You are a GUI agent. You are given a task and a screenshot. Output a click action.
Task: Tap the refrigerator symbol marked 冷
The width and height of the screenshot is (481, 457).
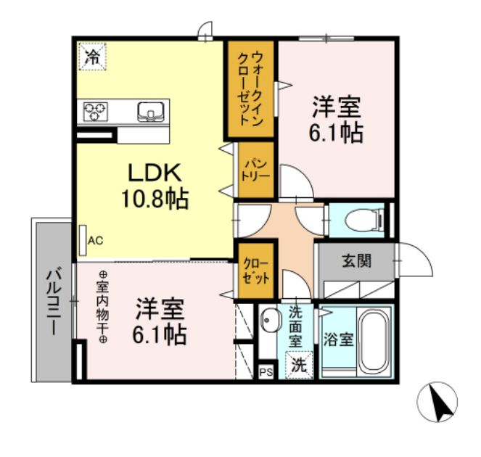92,57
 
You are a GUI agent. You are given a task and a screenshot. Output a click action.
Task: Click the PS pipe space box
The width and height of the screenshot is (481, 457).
266,371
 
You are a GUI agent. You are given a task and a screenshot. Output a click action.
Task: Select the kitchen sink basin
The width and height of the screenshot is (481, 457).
150,112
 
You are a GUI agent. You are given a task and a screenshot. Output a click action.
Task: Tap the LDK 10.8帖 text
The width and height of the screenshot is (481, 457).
158,185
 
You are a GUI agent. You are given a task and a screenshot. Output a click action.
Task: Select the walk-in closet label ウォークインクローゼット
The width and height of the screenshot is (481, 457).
250,90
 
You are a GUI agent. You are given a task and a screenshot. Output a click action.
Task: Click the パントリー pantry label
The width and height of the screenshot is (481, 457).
257,170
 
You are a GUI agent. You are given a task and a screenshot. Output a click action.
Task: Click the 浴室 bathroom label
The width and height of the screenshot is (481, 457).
338,339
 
